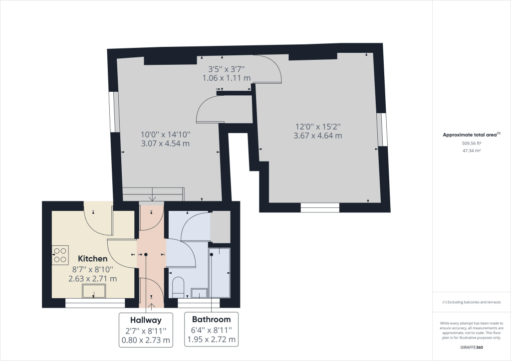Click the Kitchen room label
point(92,258)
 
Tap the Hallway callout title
point(146,320)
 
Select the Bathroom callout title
point(211,319)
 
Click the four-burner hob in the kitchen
point(60,255)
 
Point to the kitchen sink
point(94,291)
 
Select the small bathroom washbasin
point(199,293)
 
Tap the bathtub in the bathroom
point(220,273)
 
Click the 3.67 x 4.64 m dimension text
point(318,136)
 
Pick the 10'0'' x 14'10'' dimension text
point(166,135)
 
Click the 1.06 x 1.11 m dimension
point(227,78)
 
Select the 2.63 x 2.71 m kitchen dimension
point(92,279)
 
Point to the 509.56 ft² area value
point(472,143)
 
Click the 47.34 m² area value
point(472,151)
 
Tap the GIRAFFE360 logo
point(472,348)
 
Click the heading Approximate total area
point(470,135)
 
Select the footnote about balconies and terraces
point(472,302)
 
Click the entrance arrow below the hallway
point(152,306)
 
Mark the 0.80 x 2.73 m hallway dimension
point(146,340)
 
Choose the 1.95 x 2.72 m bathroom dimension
point(211,340)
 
